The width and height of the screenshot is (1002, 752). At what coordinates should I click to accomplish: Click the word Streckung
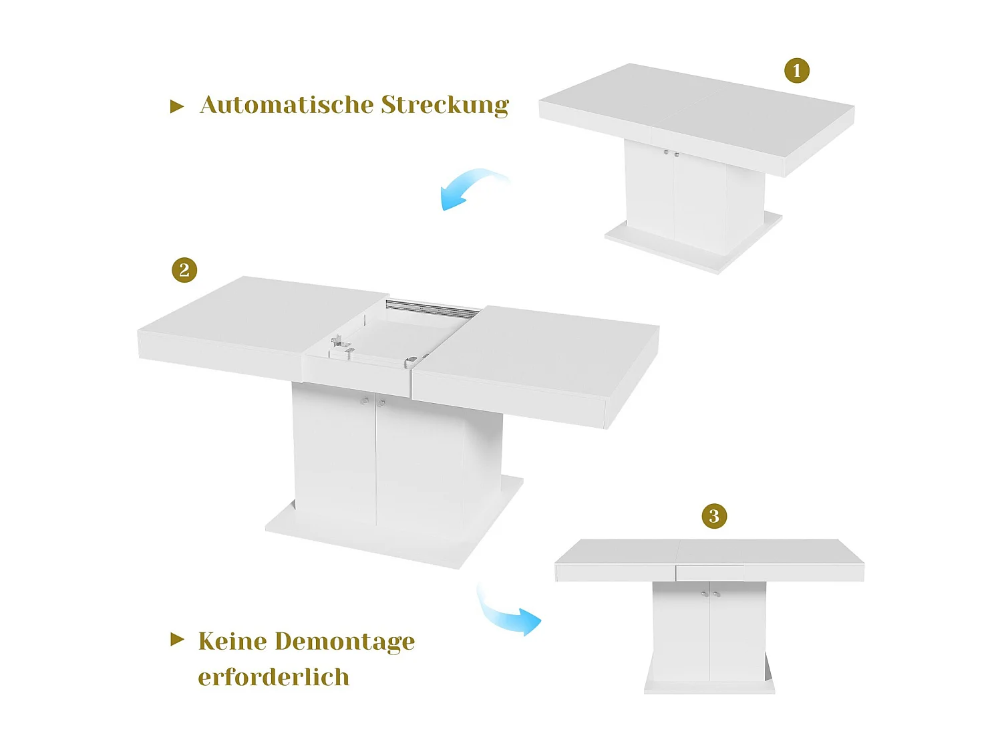point(445,106)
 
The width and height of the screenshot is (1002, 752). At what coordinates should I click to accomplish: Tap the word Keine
point(232,641)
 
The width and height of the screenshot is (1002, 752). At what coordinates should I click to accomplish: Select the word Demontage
point(345,642)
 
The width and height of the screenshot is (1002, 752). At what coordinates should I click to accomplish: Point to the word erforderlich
point(273,677)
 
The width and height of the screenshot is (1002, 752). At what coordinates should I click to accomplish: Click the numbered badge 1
point(796,70)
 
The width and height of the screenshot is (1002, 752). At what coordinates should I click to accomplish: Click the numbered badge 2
point(184,270)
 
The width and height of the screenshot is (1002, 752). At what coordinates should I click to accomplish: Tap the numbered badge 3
point(714,516)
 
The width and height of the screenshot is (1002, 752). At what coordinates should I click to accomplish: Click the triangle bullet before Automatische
point(177,106)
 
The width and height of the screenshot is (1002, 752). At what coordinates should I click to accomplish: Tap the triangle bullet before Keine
point(177,640)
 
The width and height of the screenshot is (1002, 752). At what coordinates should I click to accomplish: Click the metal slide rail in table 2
point(432,308)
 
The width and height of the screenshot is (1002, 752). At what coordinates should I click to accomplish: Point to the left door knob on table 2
point(365,401)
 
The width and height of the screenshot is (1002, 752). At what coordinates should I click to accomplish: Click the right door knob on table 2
point(382,402)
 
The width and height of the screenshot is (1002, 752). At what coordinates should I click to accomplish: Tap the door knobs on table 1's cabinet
point(671,154)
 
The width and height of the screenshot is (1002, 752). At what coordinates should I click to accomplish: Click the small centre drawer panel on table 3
point(709,573)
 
